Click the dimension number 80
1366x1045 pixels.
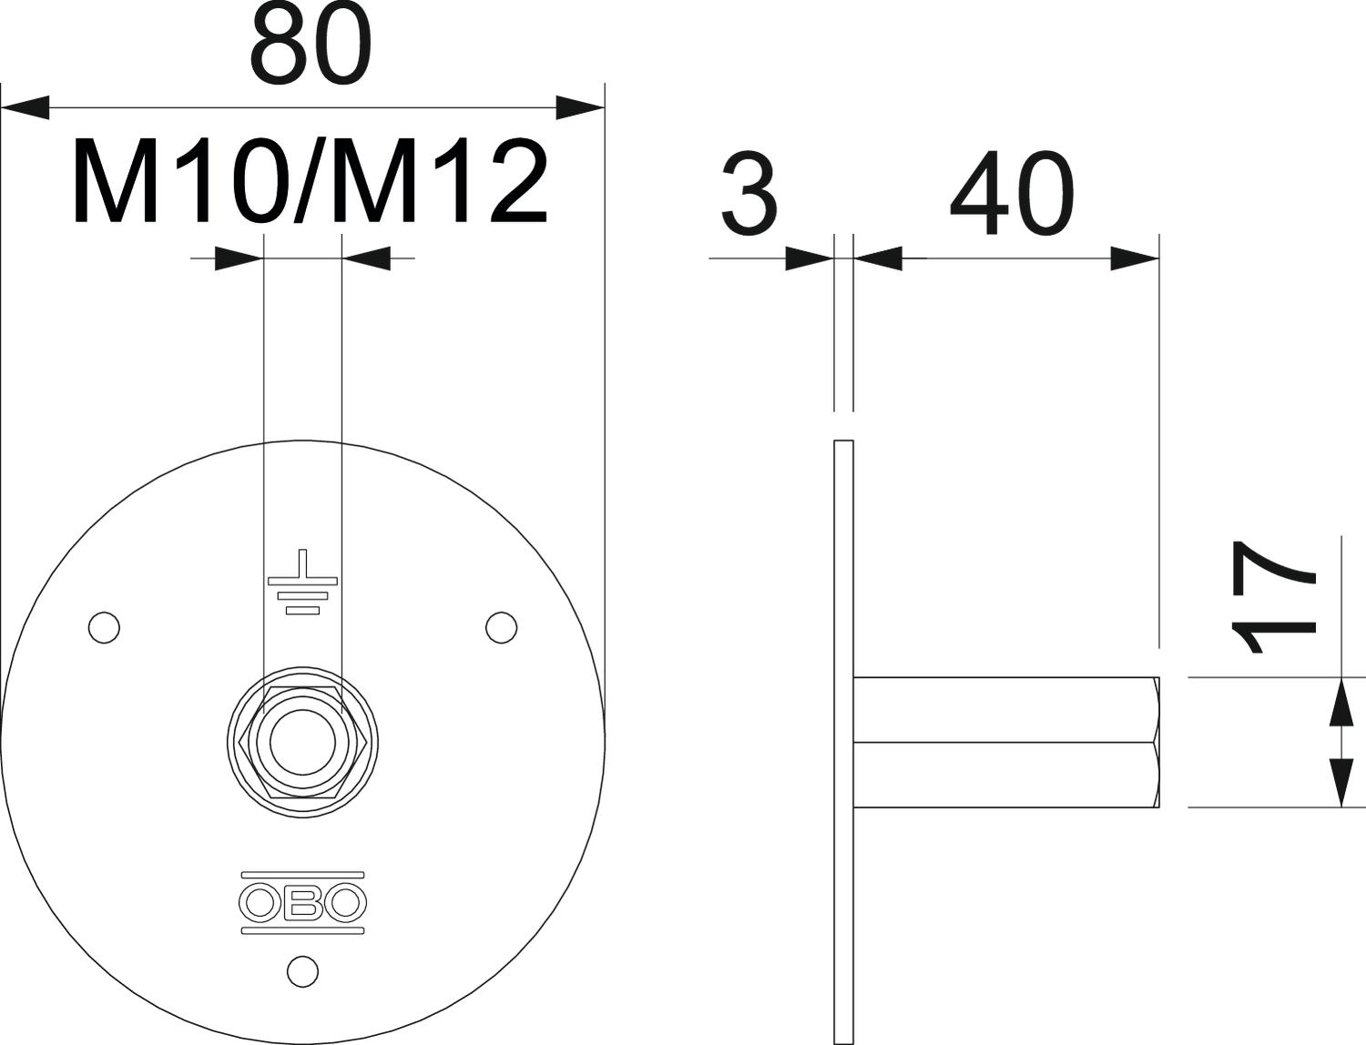point(311,46)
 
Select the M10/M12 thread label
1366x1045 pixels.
point(310,182)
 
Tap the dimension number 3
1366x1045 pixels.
point(749,195)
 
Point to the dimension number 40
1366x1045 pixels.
point(1012,195)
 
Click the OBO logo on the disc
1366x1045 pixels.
point(302,902)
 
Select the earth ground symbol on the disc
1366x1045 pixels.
point(302,583)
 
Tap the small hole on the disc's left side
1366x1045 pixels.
point(104,627)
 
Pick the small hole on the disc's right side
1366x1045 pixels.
point(501,627)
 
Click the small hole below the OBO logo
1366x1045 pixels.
point(302,970)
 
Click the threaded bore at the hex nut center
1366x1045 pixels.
point(301,743)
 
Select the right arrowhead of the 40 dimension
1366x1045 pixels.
point(1134,259)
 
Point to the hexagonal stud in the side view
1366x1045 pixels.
point(1006,743)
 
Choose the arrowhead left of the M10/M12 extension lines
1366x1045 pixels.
point(238,259)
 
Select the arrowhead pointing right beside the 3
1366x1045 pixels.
point(809,259)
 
